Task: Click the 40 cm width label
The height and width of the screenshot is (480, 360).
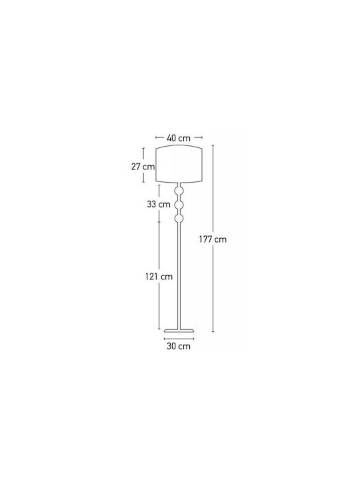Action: pos(179,138)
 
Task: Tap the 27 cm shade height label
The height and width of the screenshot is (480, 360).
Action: pos(143,167)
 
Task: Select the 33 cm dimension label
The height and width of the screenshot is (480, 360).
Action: pos(159,204)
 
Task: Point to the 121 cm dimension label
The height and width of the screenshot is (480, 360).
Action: pos(159,277)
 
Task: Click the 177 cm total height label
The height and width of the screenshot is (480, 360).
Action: pos(213,239)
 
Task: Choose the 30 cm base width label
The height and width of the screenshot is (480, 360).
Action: pos(179,346)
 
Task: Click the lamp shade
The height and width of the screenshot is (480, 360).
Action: pos(179,164)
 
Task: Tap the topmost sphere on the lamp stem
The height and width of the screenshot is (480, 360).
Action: pos(179,191)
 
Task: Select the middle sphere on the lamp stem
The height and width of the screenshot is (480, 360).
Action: pos(179,205)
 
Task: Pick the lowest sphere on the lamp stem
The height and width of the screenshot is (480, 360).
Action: pos(179,218)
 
